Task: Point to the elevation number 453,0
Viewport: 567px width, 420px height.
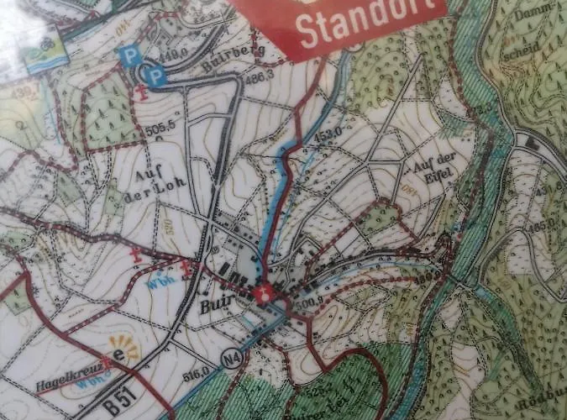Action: (329, 132)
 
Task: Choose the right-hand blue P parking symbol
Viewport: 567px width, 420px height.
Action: (154, 76)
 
